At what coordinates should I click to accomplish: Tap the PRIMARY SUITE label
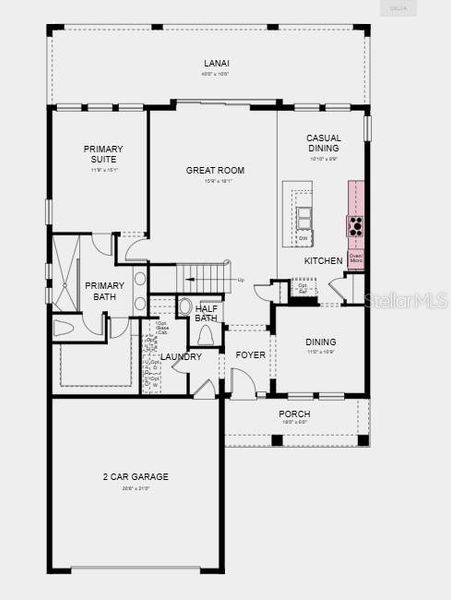pyautogui.click(x=103, y=154)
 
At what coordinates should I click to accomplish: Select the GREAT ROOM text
pyautogui.click(x=209, y=170)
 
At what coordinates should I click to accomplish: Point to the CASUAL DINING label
pyautogui.click(x=323, y=144)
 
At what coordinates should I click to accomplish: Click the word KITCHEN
pyautogui.click(x=323, y=261)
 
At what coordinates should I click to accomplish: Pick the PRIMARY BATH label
pyautogui.click(x=103, y=291)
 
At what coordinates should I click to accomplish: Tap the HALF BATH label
pyautogui.click(x=207, y=314)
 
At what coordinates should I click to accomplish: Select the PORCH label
pyautogui.click(x=294, y=414)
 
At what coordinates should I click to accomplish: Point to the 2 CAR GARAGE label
pyautogui.click(x=135, y=477)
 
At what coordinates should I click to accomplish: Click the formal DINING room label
pyautogui.click(x=320, y=342)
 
